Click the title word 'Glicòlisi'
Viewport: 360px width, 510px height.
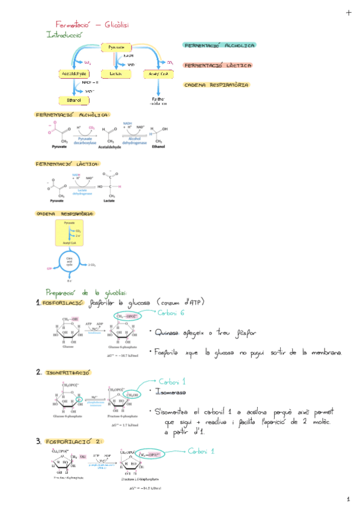[117, 25]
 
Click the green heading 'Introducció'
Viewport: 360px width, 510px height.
[64, 35]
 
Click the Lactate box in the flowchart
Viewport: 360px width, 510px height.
[115, 73]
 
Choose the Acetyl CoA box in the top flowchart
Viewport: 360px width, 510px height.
[159, 73]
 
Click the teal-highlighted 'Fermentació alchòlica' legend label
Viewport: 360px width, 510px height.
[219, 46]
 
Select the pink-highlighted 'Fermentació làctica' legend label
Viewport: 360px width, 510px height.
[217, 65]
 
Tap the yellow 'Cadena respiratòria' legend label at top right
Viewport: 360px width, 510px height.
[216, 85]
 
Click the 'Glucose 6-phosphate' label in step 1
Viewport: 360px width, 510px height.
[123, 348]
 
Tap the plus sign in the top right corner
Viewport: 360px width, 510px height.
[349, 13]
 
